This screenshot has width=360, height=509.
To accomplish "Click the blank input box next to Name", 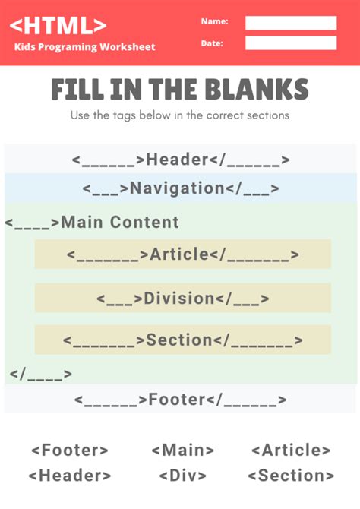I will pos(291,23).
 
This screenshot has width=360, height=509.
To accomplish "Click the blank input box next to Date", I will pos(291,43).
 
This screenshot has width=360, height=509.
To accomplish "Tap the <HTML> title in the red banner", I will pos(58,25).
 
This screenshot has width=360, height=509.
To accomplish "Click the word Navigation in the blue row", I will pos(177,188).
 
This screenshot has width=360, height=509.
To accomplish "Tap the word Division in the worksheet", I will pos(179,298).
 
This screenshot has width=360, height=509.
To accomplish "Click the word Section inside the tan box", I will pos(178,340).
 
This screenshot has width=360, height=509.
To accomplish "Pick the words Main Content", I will pos(120,223).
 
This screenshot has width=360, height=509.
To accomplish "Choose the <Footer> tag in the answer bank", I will pos(70,451).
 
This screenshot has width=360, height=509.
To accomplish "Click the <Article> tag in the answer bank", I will pos(291,451).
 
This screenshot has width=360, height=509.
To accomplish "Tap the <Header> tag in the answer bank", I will pos(70,476).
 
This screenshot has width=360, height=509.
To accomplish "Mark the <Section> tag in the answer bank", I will pos(291,476).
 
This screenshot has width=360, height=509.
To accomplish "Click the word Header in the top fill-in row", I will pos(177,160).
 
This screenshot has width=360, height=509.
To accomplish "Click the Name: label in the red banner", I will pos(214,21).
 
